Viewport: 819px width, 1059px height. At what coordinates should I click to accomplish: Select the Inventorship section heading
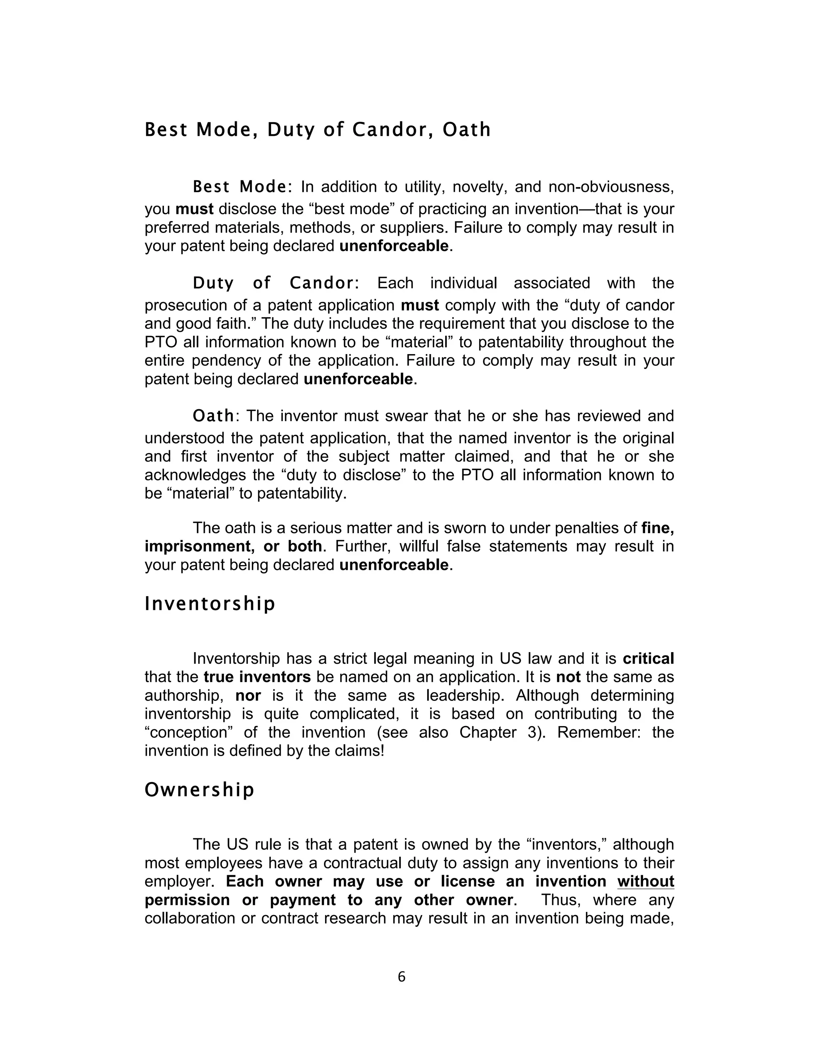coord(210,604)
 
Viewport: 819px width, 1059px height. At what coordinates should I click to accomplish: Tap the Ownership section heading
coord(200,790)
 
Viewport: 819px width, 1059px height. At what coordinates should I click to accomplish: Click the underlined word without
coord(645,881)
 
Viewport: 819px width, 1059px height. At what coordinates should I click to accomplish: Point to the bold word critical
coord(648,659)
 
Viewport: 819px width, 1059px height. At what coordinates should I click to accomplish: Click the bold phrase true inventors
coord(257,677)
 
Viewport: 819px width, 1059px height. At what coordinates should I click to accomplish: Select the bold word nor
coord(248,695)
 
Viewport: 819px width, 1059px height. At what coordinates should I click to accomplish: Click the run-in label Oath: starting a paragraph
coord(214,416)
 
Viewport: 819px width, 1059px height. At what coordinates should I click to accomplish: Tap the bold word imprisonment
coord(200,546)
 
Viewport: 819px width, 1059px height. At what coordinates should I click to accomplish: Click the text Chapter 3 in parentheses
coord(500,732)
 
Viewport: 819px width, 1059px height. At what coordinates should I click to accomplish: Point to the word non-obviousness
coord(611,187)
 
